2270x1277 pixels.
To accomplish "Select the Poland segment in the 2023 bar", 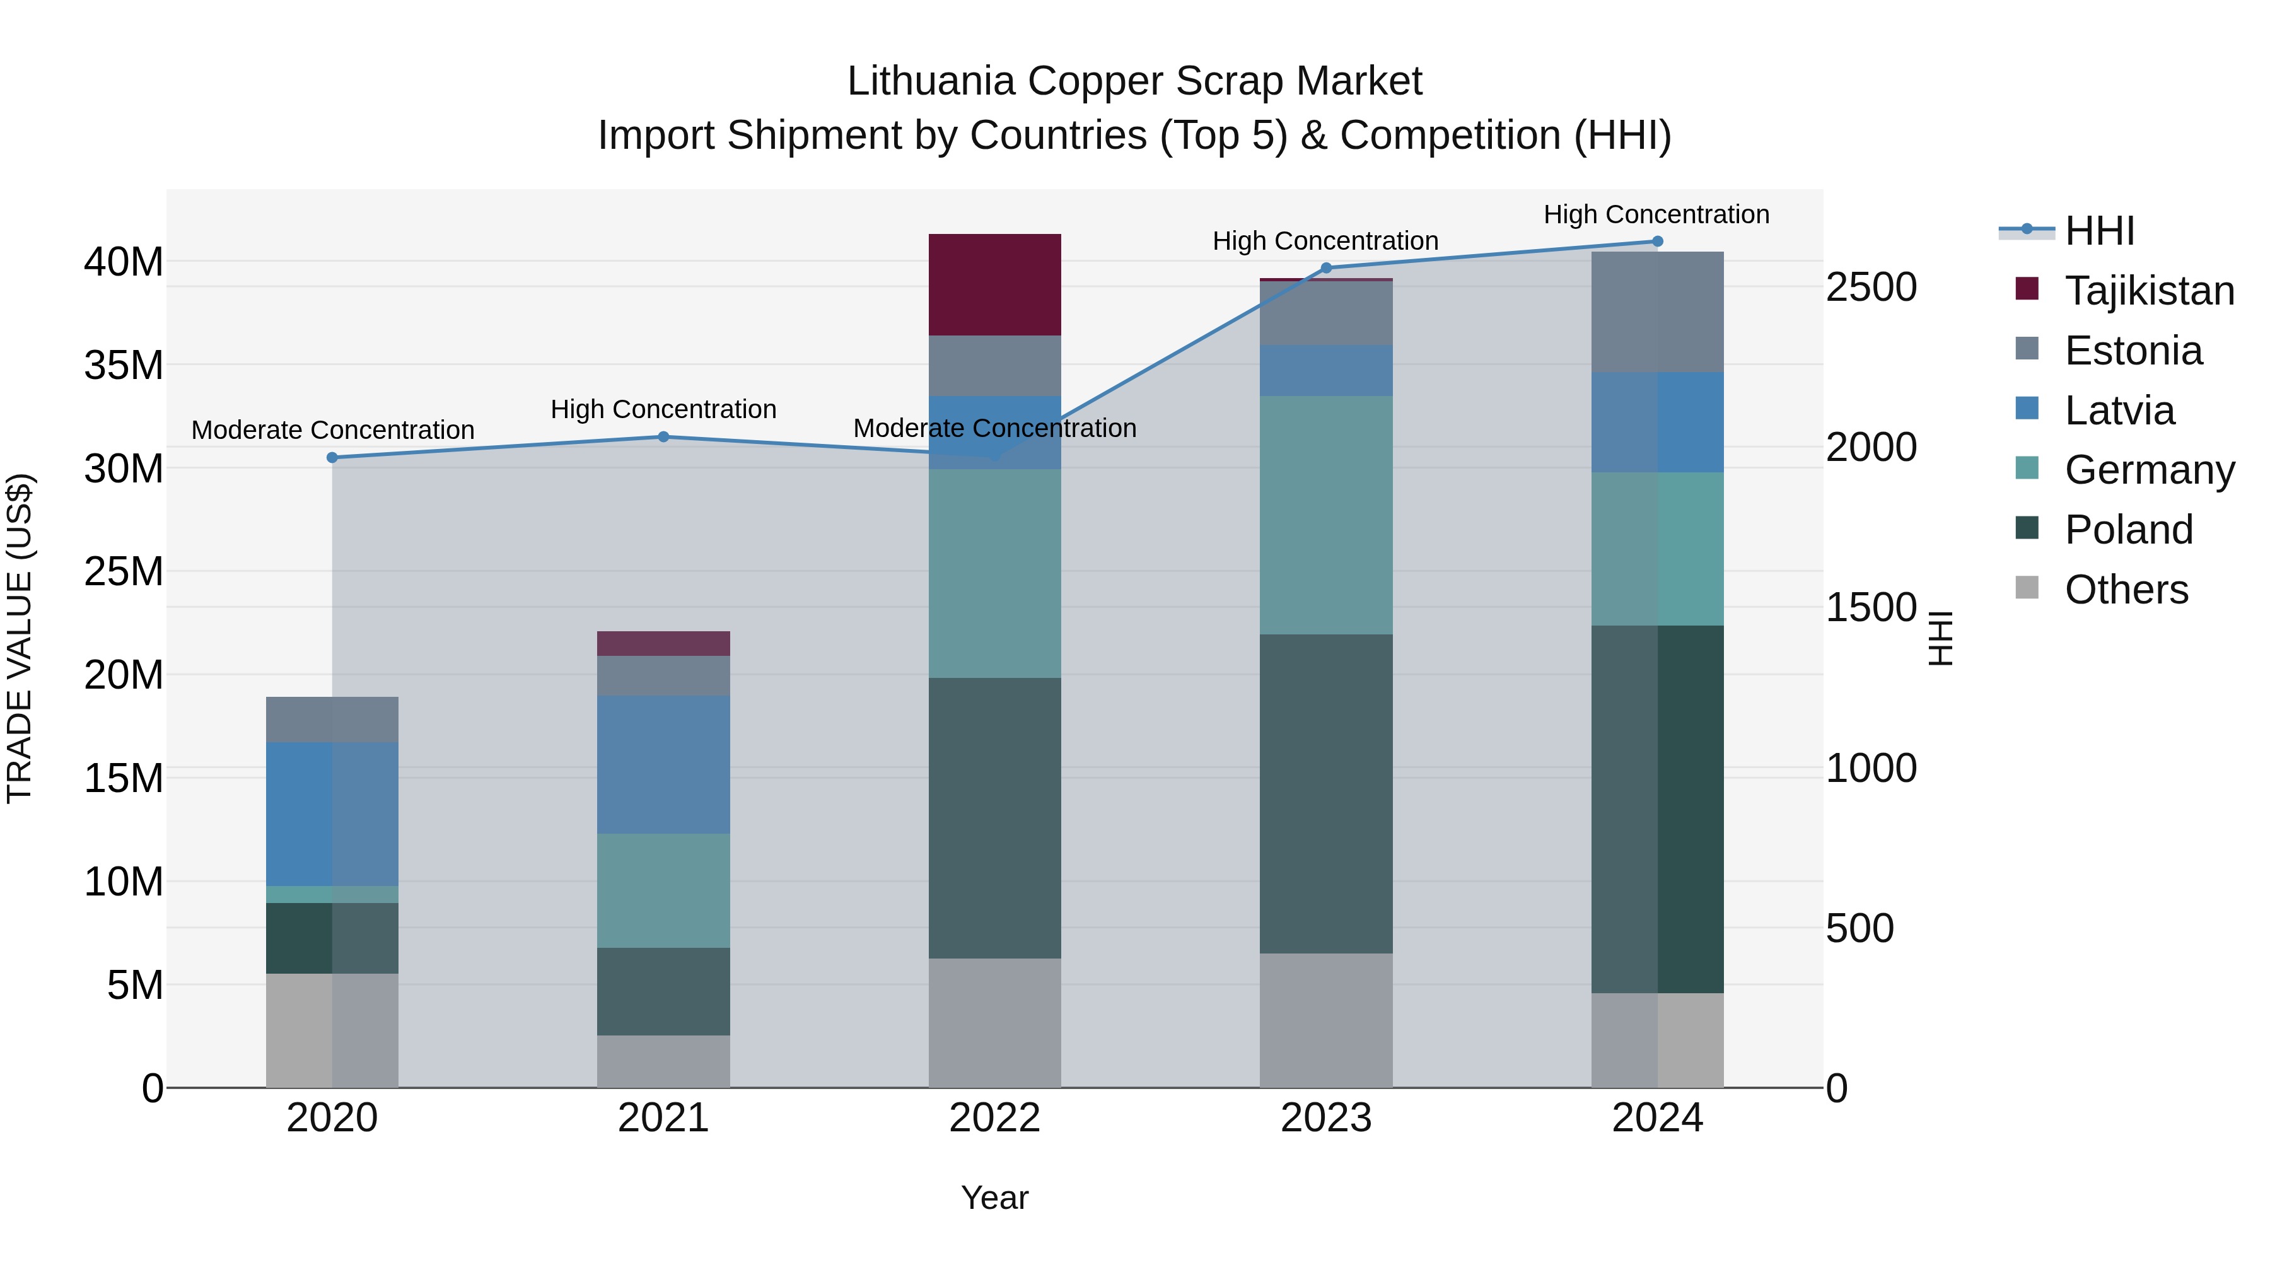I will tap(1325, 793).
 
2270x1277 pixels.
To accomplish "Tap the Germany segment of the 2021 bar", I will tap(663, 890).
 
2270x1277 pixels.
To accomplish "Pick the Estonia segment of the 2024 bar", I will tap(1656, 312).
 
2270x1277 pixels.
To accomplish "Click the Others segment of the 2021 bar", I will tap(663, 1061).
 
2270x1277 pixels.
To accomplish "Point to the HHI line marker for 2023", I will tap(1326, 268).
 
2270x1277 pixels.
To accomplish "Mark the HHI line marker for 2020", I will tap(332, 457).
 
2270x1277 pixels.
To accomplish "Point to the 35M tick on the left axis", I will tap(124, 365).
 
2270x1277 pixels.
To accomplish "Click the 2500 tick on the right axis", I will tap(1871, 288).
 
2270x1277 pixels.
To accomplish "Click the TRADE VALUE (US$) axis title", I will tap(20, 638).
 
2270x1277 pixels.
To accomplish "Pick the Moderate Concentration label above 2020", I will tap(332, 430).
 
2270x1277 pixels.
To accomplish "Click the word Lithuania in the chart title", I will tap(929, 81).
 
